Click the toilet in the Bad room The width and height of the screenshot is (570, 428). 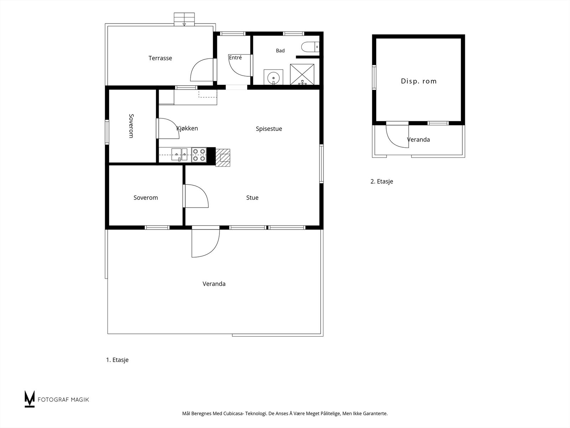[x=310, y=47]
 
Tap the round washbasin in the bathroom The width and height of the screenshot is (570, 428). [x=274, y=77]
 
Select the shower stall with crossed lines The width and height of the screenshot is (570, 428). [x=302, y=74]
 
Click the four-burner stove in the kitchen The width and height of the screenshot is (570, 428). [x=199, y=155]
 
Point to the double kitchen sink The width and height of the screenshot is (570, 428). [x=179, y=155]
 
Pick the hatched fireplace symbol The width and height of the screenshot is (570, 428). [x=223, y=158]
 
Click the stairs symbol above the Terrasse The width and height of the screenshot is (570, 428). [x=184, y=19]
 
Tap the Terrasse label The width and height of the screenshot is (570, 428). [x=160, y=58]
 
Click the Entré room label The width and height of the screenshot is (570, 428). [x=235, y=57]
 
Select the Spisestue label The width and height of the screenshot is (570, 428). [x=269, y=129]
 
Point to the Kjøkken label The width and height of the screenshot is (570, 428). [x=187, y=128]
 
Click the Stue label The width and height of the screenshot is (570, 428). [x=252, y=198]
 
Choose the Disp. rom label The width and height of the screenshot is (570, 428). [x=419, y=81]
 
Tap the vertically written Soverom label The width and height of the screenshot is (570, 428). [x=131, y=126]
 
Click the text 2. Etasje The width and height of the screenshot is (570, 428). [x=382, y=182]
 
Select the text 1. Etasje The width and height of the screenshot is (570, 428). [x=117, y=360]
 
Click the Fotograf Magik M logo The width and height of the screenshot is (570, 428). [x=30, y=399]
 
